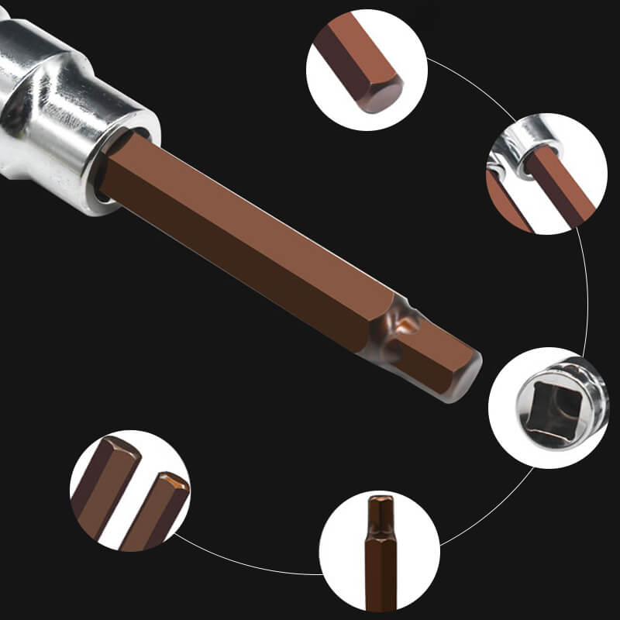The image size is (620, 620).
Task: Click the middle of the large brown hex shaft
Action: [248, 248]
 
